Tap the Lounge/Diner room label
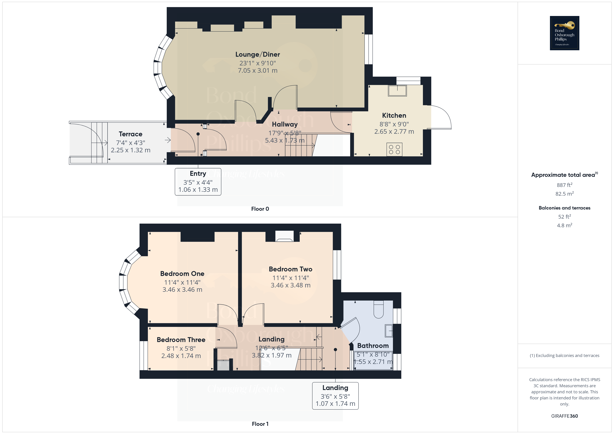(x=258, y=55)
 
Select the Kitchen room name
(x=394, y=115)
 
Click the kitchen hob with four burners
(x=394, y=149)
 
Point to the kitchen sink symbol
(x=397, y=91)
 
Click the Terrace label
(x=131, y=134)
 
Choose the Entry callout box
(x=198, y=182)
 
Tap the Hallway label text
(x=285, y=124)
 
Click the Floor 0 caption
(x=260, y=209)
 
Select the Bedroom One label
(x=182, y=274)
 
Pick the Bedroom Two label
(x=290, y=269)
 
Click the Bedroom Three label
(x=181, y=340)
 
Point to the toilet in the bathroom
(x=378, y=310)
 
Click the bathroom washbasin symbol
(x=389, y=331)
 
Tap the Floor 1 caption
(x=260, y=424)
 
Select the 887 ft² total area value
(x=565, y=185)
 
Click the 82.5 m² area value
(x=565, y=194)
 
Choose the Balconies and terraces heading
(x=565, y=208)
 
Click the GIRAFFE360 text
(x=565, y=416)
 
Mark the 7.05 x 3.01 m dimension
(x=258, y=71)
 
